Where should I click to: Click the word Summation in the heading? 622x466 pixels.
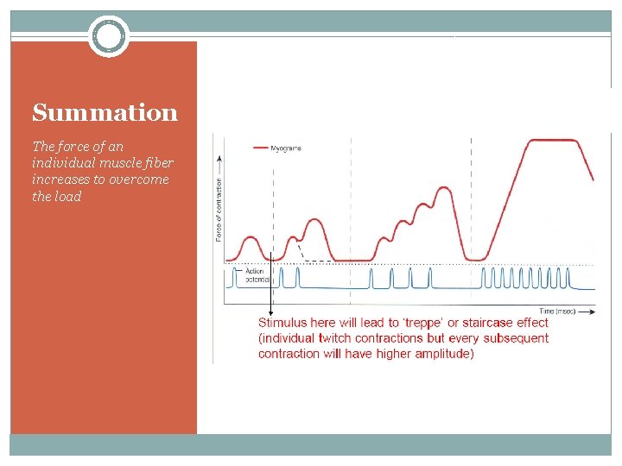click(105, 113)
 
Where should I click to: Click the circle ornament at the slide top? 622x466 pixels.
click(109, 36)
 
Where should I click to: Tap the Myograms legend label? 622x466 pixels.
click(286, 148)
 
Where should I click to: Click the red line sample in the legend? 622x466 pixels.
click(260, 148)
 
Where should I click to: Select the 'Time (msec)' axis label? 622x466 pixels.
click(559, 311)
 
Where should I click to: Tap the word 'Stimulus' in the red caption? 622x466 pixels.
click(282, 323)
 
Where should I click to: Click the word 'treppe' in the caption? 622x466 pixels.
click(431, 323)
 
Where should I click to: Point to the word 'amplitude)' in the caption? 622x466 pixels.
click(443, 354)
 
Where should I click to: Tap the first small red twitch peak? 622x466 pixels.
click(251, 236)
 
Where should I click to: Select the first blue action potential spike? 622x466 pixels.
click(234, 276)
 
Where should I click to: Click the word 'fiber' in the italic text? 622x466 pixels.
click(159, 163)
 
